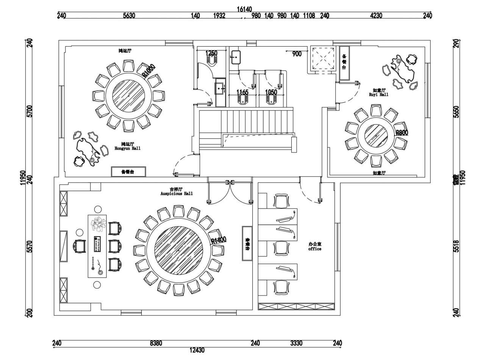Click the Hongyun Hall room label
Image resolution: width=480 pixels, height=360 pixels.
tap(127, 146)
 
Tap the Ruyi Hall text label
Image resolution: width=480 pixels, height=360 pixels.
tap(378, 92)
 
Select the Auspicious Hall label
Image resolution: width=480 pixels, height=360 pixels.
tap(176, 191)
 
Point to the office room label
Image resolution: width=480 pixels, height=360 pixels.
tap(314, 247)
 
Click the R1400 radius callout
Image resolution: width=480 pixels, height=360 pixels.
tap(219, 240)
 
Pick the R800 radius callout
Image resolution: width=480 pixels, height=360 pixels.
tap(402, 133)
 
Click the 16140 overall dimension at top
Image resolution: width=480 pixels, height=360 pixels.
tap(244, 9)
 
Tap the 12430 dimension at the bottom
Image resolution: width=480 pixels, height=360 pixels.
tap(197, 350)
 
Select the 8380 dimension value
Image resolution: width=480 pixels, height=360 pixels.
tap(156, 343)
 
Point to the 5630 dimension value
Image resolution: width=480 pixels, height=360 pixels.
tap(129, 16)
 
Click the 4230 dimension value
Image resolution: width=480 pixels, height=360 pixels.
tap(376, 16)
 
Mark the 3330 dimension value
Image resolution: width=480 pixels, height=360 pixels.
tap(296, 343)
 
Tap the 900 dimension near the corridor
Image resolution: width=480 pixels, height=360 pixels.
tap(297, 54)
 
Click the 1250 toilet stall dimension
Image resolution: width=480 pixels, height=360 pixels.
tap(211, 53)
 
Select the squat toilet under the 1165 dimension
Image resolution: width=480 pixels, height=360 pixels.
tap(242, 100)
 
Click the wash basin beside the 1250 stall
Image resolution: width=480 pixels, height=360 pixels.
tap(236, 58)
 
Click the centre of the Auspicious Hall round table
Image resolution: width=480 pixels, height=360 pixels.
tap(178, 250)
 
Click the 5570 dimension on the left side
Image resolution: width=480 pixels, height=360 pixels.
tap(30, 247)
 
